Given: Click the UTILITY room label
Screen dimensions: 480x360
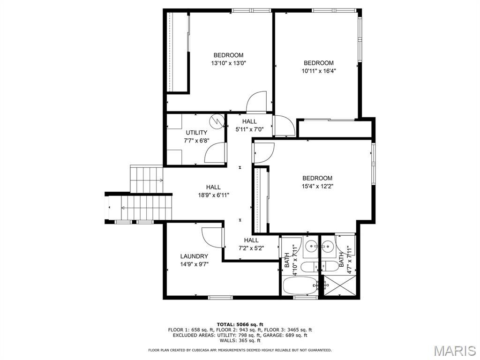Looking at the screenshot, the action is click(196, 133).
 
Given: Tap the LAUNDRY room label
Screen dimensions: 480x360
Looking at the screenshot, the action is click(194, 256).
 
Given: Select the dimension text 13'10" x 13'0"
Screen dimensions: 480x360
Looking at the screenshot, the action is click(229, 63).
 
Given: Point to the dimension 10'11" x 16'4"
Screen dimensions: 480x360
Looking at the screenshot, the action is click(319, 71).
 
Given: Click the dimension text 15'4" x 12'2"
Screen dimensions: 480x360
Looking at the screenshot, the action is click(317, 186).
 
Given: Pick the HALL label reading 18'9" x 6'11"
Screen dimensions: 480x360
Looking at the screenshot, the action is click(213, 195).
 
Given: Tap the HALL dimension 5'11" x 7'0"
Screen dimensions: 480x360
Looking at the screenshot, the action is click(249, 129).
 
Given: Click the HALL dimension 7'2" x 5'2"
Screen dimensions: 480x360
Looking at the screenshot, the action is click(251, 248).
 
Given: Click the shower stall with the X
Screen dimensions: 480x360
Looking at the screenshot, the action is click(340, 285).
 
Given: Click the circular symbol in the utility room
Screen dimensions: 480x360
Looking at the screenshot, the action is click(217, 121).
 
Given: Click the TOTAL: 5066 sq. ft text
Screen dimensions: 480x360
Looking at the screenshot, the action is click(240, 324).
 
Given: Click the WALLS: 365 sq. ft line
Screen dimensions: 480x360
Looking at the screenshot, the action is click(240, 340).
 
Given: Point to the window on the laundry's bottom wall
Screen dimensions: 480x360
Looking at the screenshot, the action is click(220, 297).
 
